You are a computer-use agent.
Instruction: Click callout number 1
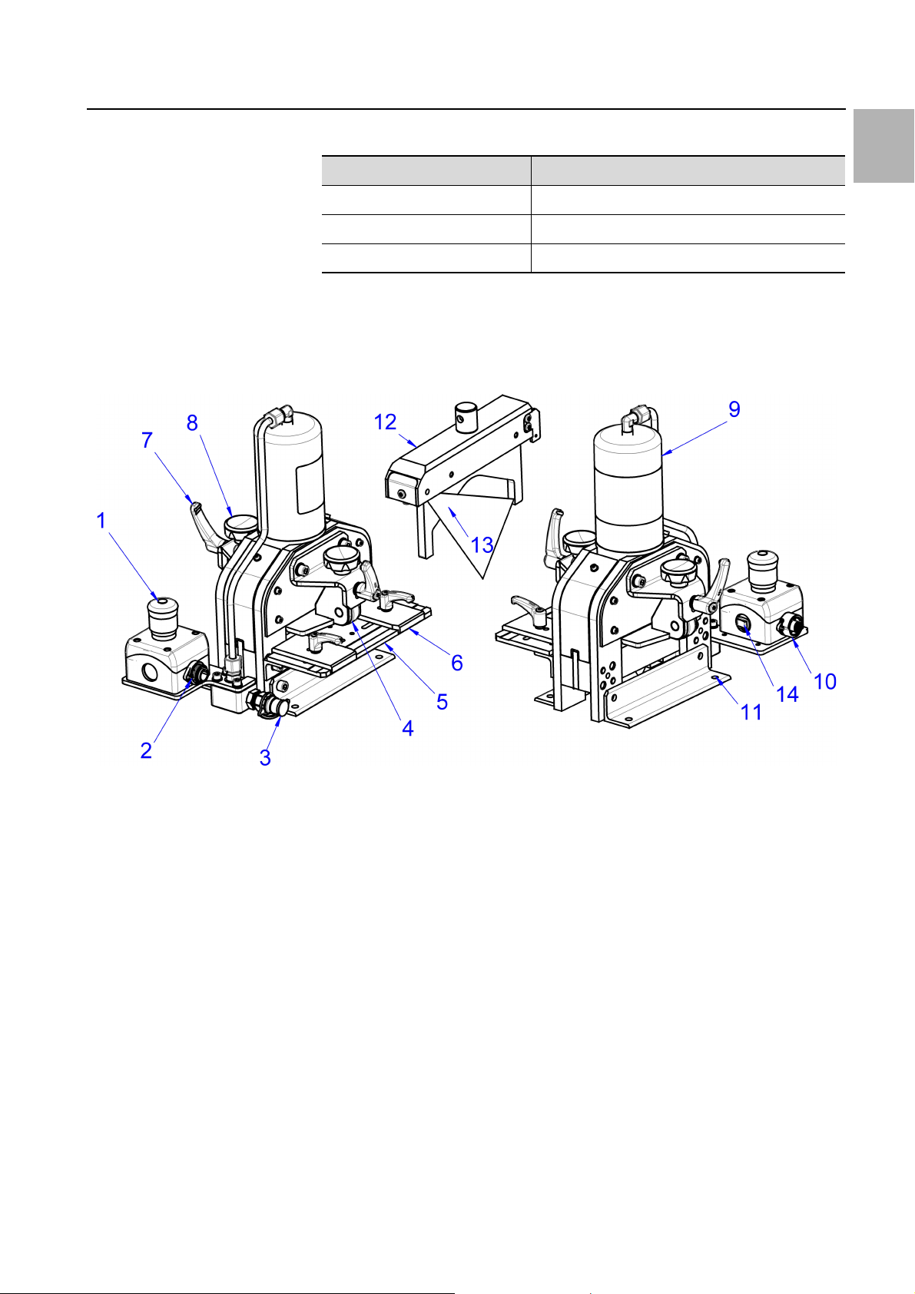[101, 521]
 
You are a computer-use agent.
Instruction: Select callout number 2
[146, 750]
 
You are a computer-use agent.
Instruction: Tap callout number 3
[265, 757]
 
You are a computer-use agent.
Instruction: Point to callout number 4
[408, 728]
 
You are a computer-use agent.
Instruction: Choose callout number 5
[443, 702]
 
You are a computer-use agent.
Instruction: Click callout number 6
[456, 663]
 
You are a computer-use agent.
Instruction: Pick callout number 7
[148, 440]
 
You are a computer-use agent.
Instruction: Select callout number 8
[193, 423]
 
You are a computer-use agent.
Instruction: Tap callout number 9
[734, 409]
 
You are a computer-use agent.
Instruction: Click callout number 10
[825, 682]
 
